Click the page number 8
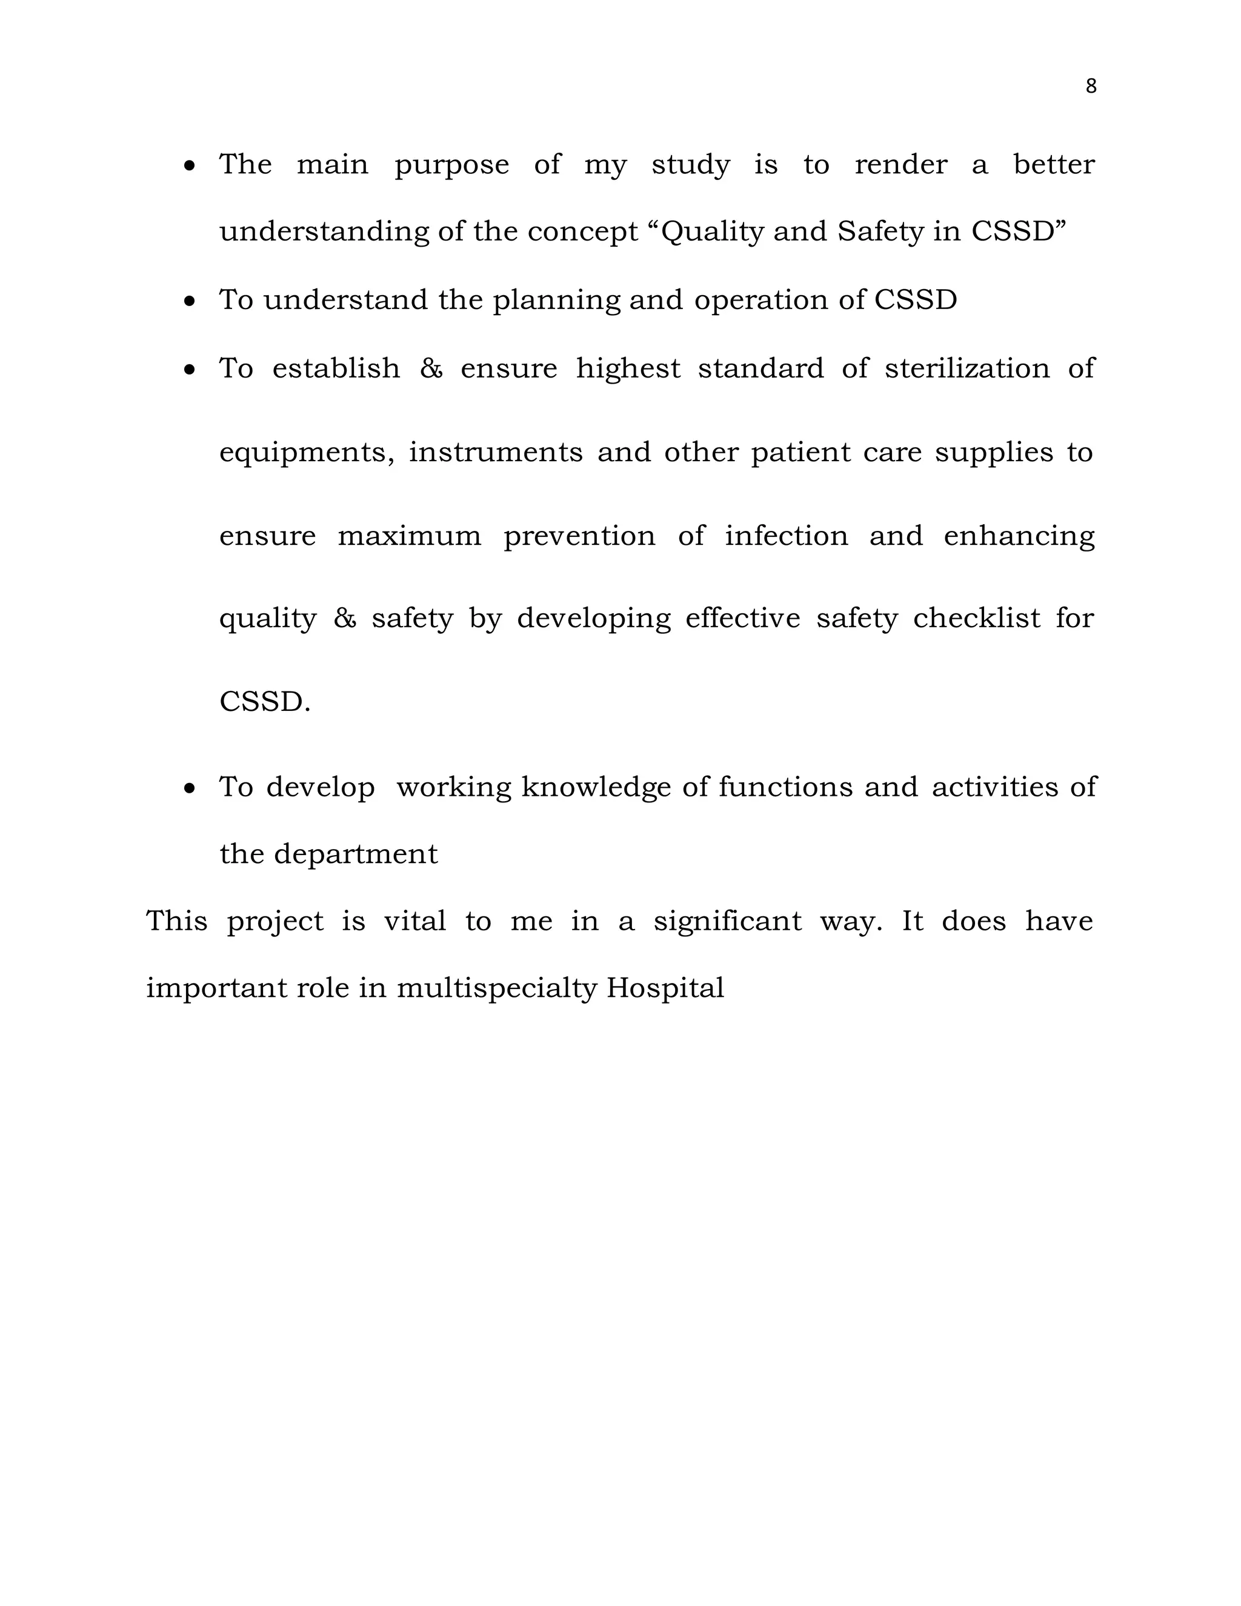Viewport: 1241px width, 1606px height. [x=1091, y=87]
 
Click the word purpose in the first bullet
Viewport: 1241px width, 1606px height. [x=451, y=165]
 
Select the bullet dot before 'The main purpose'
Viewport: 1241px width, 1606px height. [x=190, y=167]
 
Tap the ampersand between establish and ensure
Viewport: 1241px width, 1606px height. [x=431, y=368]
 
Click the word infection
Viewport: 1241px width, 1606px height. [x=786, y=535]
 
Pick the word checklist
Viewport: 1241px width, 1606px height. [x=976, y=618]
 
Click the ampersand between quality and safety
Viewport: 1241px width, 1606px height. [x=344, y=618]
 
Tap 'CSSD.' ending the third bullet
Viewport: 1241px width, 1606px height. [x=265, y=702]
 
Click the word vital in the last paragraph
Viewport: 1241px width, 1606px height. [x=414, y=921]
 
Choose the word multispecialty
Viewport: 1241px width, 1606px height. [x=496, y=988]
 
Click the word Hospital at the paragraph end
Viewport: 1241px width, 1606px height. [x=665, y=988]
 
